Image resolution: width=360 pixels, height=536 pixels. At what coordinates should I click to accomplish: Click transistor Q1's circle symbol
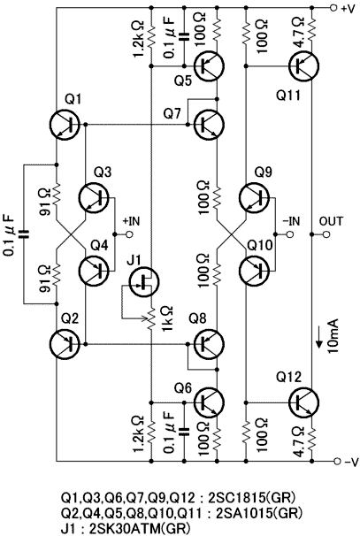point(65,125)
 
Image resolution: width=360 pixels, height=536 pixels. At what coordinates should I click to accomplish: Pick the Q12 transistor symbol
point(304,402)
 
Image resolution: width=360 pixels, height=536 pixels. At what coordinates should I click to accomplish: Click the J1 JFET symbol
point(144,282)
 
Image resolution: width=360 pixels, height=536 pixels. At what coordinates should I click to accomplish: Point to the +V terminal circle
point(333,8)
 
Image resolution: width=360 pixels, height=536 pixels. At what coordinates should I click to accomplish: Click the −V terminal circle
point(337,461)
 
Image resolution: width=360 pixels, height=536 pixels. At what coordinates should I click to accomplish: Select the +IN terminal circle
point(129,234)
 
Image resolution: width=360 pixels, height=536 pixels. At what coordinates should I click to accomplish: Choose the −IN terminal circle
point(290,234)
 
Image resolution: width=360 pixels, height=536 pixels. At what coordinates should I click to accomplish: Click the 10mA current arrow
point(319,337)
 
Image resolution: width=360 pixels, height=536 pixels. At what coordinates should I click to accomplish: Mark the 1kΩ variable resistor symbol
point(150,318)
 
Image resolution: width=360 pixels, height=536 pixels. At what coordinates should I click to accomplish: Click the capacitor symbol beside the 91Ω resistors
point(24,234)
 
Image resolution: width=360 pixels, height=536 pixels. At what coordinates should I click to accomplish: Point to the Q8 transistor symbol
point(209,344)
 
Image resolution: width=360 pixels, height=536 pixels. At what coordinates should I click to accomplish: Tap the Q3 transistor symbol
point(94,198)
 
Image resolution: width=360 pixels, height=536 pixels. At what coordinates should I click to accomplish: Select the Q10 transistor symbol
point(255,271)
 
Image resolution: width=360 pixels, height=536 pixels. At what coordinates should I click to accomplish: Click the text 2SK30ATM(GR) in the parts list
point(140,528)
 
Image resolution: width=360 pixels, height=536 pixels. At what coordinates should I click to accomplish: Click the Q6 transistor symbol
point(209,402)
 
